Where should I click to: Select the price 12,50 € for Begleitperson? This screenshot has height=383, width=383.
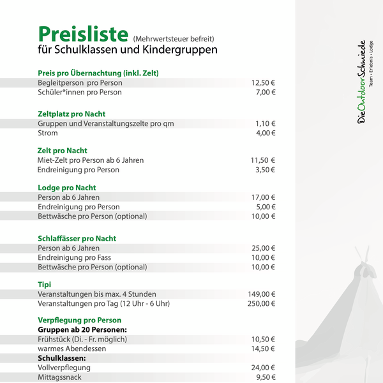[x=263, y=83]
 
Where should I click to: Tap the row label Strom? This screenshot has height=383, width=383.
[x=48, y=133]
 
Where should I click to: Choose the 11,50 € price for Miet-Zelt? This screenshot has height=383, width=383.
[x=263, y=160]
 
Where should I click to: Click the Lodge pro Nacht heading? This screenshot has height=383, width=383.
[x=67, y=188]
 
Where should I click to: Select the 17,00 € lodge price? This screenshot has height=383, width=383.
[x=263, y=197]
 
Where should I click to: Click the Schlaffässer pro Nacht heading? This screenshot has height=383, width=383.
[x=77, y=239]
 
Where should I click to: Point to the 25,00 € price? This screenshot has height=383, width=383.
[x=263, y=248]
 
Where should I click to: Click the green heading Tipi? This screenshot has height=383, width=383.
[x=45, y=285]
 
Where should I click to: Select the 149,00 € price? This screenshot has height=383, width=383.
[x=261, y=294]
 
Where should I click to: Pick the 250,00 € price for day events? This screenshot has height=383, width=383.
[x=261, y=304]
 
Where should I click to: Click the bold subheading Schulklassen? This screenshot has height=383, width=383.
[x=62, y=358]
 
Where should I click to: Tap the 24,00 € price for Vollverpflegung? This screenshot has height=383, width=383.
[x=263, y=368]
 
